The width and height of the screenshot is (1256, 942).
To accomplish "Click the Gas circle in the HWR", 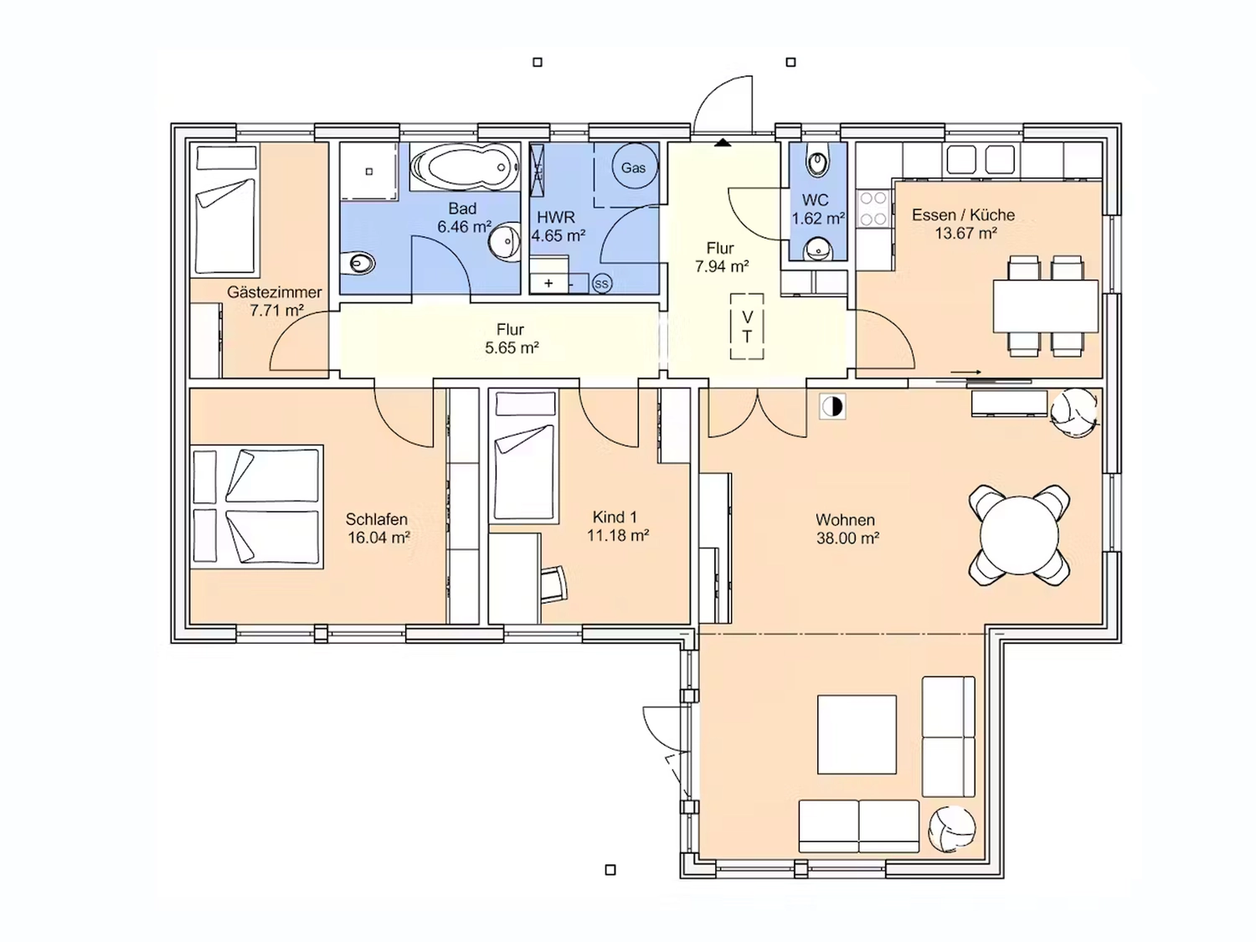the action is (633, 167).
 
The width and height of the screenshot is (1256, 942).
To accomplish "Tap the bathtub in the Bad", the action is (465, 167).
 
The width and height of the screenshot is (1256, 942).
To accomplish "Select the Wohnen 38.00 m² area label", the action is (847, 528).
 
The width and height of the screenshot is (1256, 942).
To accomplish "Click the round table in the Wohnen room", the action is (1019, 535).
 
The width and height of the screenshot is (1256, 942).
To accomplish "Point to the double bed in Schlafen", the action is (257, 507).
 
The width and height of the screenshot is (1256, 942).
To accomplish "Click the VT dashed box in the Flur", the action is (747, 327).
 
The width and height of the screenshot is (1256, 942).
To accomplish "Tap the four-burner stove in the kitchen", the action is (874, 208).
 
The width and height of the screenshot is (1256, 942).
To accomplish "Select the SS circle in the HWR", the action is (601, 283).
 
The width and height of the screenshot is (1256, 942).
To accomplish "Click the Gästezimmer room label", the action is (274, 291).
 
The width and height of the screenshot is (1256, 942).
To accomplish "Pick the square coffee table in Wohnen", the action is (857, 734).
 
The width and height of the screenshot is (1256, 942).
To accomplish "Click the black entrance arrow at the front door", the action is (723, 142).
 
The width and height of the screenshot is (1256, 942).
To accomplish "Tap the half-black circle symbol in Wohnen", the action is (832, 407).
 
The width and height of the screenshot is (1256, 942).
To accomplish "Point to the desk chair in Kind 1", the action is (553, 584).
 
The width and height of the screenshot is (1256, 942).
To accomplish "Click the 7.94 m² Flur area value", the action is (722, 266).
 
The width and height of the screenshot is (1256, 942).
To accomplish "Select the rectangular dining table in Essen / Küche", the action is (1046, 306).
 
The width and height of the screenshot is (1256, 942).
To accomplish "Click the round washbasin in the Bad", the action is (504, 242).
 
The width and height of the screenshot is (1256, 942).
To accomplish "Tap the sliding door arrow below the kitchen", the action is (966, 373).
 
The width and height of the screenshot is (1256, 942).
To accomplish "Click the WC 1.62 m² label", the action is (818, 209).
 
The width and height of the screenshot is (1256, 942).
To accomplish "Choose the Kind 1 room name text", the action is (615, 517).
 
